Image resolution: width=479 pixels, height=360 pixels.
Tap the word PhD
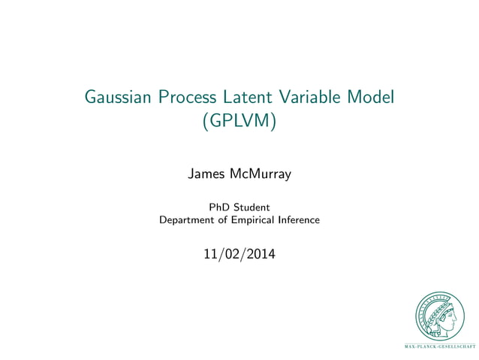tap(219, 207)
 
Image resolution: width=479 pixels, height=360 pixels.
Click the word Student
tap(252, 207)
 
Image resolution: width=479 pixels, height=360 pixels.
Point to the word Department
tap(187, 220)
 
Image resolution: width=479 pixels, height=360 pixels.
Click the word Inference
tap(300, 220)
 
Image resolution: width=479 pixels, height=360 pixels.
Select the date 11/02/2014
tap(239, 255)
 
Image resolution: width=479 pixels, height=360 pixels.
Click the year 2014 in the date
tap(259, 255)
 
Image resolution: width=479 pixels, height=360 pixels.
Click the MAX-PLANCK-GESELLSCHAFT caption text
tap(440, 347)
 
